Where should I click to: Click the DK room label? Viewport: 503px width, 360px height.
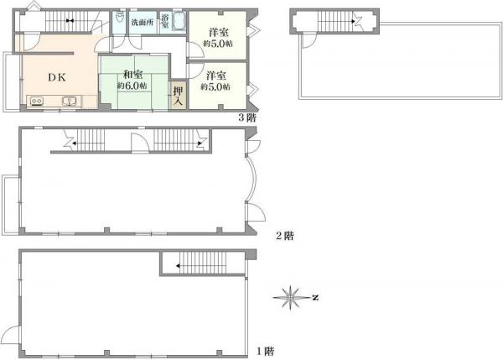(x=57, y=77)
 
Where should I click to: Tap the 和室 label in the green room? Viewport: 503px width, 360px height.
(x=133, y=75)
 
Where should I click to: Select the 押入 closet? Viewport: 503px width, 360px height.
(x=178, y=96)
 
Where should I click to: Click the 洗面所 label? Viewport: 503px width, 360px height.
(x=143, y=23)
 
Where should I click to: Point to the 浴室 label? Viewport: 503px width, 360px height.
(x=165, y=21)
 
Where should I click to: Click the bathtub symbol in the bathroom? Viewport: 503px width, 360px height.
(x=179, y=21)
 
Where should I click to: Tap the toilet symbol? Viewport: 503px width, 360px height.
(x=119, y=18)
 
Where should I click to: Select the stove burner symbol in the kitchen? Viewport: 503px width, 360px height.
(x=36, y=102)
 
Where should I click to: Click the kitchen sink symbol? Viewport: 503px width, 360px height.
(x=69, y=102)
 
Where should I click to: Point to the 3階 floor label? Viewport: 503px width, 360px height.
(x=247, y=117)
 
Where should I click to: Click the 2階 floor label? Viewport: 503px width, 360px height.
(x=285, y=236)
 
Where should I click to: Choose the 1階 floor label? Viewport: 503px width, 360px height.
(x=265, y=351)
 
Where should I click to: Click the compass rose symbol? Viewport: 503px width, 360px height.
(x=290, y=298)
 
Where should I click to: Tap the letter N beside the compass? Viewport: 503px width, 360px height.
(x=315, y=298)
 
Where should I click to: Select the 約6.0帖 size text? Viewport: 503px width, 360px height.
(x=132, y=86)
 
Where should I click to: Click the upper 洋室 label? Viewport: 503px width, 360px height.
(x=219, y=33)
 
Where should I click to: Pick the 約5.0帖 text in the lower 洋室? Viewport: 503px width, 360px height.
(x=215, y=86)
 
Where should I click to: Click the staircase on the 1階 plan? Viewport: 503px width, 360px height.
(x=203, y=263)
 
